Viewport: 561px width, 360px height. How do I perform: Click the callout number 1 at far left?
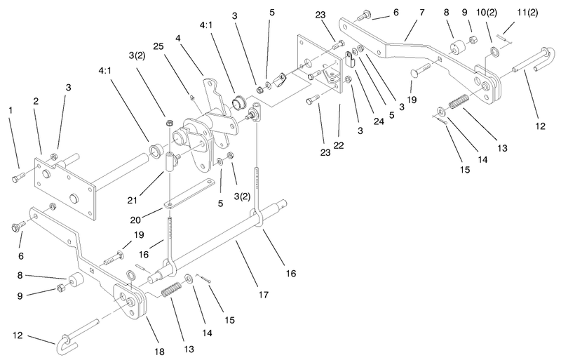[x=11, y=110]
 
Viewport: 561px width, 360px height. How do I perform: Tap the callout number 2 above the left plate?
[x=36, y=101]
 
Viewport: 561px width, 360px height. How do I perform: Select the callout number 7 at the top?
[x=422, y=13]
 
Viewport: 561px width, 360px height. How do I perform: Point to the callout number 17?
[x=264, y=295]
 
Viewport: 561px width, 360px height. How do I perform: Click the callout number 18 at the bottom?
[x=160, y=352]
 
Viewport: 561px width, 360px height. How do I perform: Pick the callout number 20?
[x=135, y=220]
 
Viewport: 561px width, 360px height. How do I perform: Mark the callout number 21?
[x=133, y=200]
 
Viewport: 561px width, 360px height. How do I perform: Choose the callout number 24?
[x=379, y=121]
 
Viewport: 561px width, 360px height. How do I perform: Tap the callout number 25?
[x=158, y=46]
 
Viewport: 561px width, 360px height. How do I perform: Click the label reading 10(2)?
[x=487, y=13]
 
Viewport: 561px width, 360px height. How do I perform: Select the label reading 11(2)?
[x=527, y=13]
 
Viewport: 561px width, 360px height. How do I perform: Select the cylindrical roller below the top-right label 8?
[x=458, y=48]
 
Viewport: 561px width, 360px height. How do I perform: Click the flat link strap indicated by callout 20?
[x=190, y=194]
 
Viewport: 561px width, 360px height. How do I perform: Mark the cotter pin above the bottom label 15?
[x=203, y=279]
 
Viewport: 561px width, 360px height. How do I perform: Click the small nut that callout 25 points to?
[x=192, y=97]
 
